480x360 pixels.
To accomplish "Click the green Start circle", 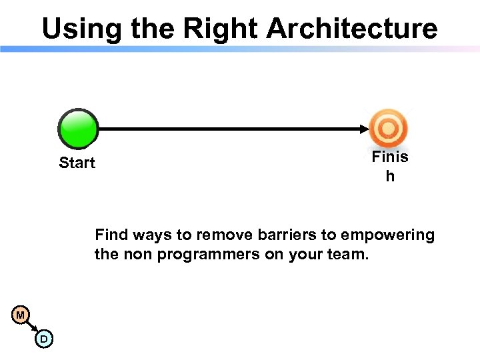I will [x=78, y=129].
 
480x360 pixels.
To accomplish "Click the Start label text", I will [x=77, y=163].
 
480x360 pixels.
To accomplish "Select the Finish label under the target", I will [x=390, y=167].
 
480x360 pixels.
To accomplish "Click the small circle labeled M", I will [x=21, y=315].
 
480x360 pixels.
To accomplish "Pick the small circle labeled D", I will [x=43, y=339].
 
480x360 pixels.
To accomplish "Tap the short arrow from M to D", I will [x=32, y=327].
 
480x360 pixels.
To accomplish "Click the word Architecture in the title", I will [x=352, y=29].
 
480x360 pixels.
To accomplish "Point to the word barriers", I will [x=294, y=235].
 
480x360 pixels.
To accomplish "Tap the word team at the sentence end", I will [x=348, y=254].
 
